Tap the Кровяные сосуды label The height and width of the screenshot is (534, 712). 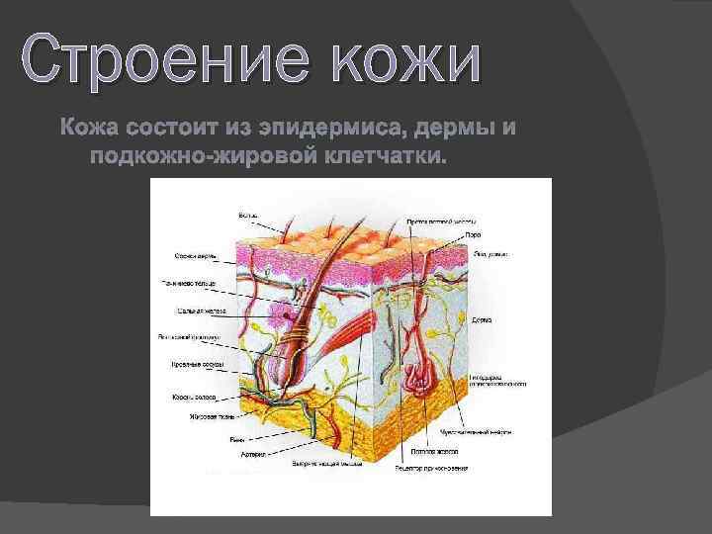[x=197, y=365]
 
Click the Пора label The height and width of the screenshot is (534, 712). [x=474, y=234]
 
